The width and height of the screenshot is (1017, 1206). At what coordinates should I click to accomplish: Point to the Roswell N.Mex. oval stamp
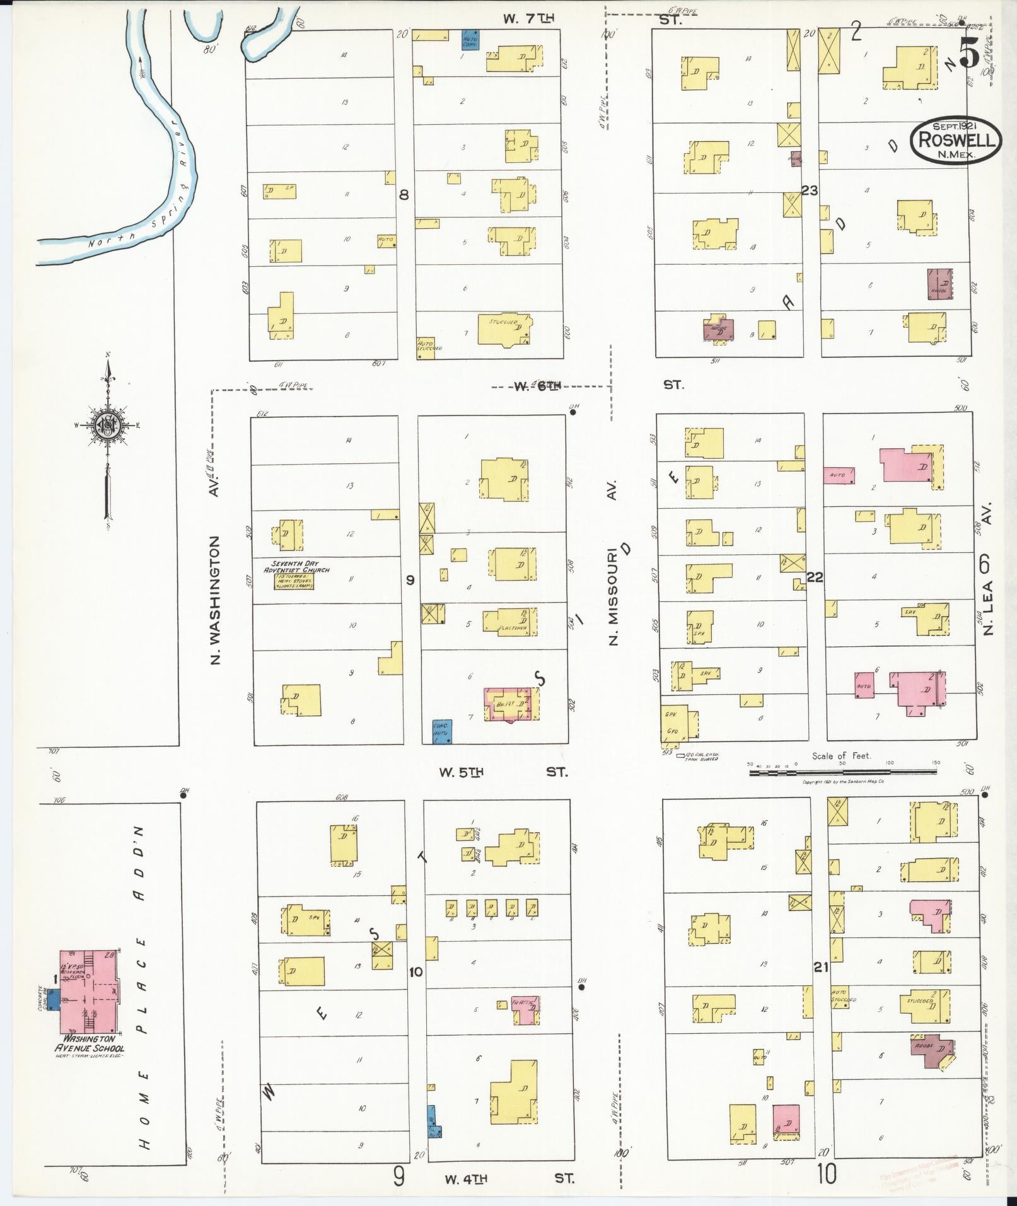[x=955, y=139]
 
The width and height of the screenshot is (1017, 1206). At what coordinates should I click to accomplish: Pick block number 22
[x=815, y=577]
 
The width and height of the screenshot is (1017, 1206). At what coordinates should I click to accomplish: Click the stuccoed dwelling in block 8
[x=504, y=328]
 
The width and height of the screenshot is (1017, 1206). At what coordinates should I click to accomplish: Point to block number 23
[x=810, y=190]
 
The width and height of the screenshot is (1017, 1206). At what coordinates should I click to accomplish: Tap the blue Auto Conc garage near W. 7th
[x=470, y=39]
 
